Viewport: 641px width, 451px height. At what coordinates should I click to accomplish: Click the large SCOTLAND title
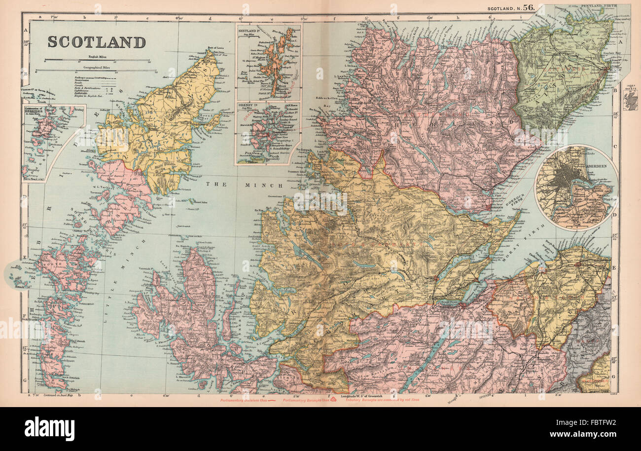pos(97,42)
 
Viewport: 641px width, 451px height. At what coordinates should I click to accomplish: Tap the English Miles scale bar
pos(97,61)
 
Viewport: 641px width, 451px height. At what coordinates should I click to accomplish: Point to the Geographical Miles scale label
pos(97,67)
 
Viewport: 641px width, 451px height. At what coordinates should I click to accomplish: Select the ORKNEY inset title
pos(249,105)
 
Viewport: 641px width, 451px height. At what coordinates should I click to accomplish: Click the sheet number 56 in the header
pos(528,7)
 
